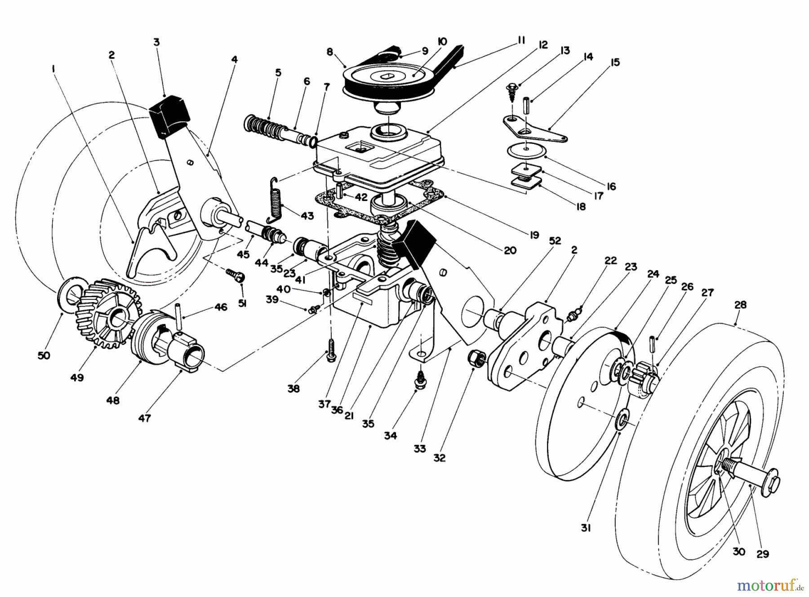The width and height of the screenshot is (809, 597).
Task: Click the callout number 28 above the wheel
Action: point(740,305)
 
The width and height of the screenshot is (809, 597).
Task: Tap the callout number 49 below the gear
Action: point(77,378)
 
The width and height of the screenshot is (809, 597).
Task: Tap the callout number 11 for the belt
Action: point(521,40)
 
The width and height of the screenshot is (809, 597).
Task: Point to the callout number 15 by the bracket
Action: point(615,62)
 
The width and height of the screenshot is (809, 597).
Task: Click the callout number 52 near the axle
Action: point(555,241)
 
